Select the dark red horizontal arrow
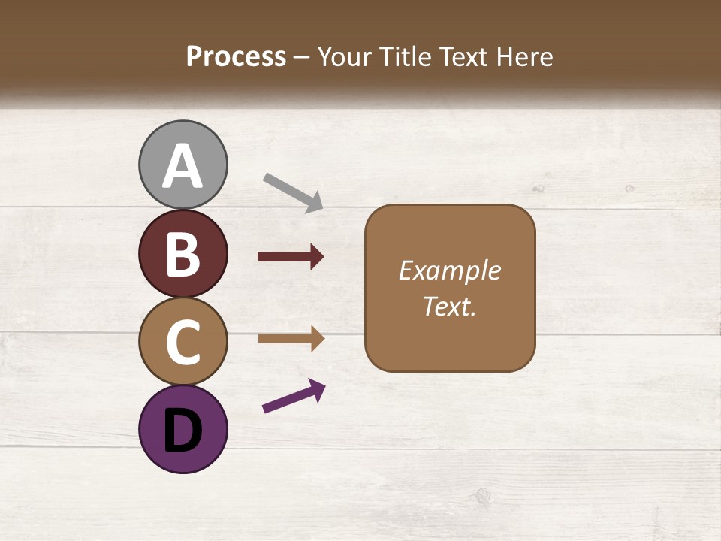click(290, 257)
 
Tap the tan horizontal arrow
click(290, 339)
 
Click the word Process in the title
click(236, 56)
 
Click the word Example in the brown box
click(449, 270)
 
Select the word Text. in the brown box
click(449, 306)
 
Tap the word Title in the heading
click(406, 56)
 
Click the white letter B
click(183, 254)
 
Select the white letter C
click(183, 342)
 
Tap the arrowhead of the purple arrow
click(317, 389)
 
